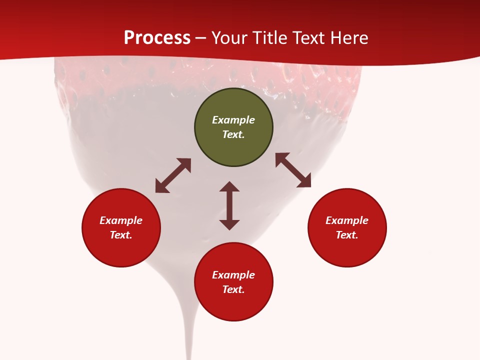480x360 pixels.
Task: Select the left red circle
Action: click(121, 227)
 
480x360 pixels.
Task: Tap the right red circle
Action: click(347, 227)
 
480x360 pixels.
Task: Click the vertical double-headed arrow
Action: click(229, 206)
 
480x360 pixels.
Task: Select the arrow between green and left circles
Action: click(173, 175)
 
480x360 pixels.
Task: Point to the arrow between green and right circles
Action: click(293, 170)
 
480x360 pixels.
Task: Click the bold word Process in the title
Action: click(157, 37)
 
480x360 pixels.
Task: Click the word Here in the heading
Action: click(349, 37)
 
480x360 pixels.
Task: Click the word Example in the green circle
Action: click(233, 120)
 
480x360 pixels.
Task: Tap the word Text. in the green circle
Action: click(233, 134)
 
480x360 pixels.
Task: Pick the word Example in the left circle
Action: click(121, 220)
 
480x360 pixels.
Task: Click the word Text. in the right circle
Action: click(347, 235)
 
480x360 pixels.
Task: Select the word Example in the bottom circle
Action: click(233, 275)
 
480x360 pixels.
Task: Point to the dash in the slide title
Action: click(201, 38)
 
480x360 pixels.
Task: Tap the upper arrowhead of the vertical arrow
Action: click(229, 186)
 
